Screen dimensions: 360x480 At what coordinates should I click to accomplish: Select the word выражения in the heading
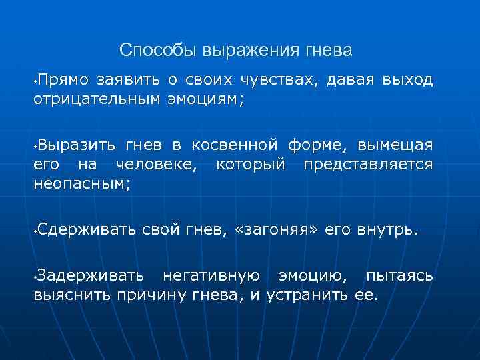click(x=238, y=50)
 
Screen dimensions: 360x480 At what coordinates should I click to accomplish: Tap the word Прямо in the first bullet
click(x=63, y=81)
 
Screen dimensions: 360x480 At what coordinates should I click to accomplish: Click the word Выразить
click(x=70, y=145)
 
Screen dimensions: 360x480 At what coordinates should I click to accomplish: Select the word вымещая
click(x=395, y=145)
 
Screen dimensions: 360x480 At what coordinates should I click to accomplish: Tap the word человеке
click(x=156, y=164)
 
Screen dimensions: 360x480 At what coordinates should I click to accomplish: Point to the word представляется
click(x=368, y=164)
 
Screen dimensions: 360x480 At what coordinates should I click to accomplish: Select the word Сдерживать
click(x=87, y=230)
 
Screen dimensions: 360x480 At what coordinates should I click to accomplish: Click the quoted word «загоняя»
click(x=276, y=230)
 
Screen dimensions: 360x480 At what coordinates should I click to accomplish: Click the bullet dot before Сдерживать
click(x=34, y=232)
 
